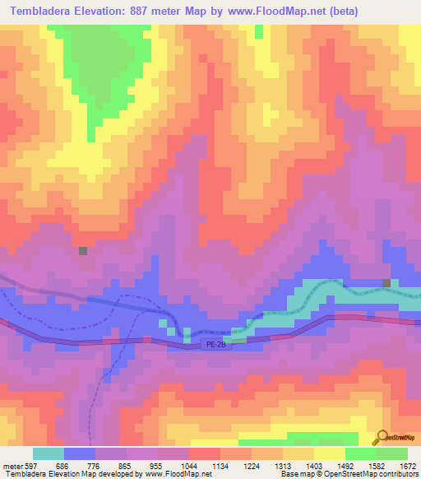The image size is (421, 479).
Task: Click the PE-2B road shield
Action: click(x=215, y=346)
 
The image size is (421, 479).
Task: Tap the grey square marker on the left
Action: click(x=82, y=251)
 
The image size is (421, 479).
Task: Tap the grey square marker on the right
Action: click(x=386, y=283)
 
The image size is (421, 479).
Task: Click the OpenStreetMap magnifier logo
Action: click(x=380, y=437)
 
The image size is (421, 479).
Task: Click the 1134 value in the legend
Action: click(x=221, y=465)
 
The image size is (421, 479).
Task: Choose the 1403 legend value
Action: click(x=315, y=465)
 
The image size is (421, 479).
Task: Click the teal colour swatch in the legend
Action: click(x=49, y=453)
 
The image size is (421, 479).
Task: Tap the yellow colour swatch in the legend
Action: click(x=330, y=453)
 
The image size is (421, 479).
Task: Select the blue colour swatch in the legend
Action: click(x=80, y=453)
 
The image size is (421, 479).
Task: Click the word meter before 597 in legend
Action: click(x=12, y=465)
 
